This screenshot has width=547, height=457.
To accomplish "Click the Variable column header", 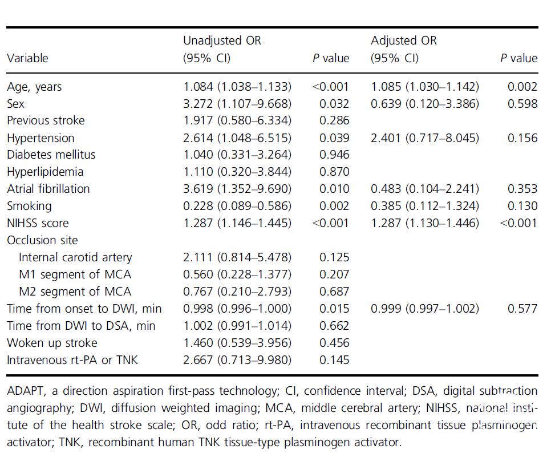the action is [x=27, y=58].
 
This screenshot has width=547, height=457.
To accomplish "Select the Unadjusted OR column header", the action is [x=222, y=49].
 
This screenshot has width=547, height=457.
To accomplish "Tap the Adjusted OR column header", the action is [x=404, y=49].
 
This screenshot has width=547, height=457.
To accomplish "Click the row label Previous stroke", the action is [x=46, y=120].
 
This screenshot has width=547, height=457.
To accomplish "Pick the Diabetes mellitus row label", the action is [x=51, y=155].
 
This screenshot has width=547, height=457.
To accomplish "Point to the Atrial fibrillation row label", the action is [x=48, y=189].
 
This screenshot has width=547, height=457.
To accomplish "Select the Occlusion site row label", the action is [x=42, y=240].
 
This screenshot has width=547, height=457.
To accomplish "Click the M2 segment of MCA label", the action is [x=75, y=292].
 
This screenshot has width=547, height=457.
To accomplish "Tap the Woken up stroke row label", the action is [x=52, y=342].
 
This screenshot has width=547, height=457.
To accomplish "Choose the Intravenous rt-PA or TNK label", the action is [x=72, y=359].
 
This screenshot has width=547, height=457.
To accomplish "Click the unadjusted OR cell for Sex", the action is [x=237, y=104].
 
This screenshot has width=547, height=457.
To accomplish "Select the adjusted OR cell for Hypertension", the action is [x=425, y=138].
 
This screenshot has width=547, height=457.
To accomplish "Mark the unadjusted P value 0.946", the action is [x=334, y=155].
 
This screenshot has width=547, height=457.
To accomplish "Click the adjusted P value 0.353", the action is [x=522, y=189].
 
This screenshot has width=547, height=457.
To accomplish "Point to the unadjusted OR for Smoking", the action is [x=237, y=206].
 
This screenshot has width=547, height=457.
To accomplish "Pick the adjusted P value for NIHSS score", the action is [x=518, y=223].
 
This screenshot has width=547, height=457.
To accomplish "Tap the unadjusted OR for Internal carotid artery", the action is [x=237, y=257].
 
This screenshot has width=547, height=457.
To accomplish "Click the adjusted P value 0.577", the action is [x=522, y=309].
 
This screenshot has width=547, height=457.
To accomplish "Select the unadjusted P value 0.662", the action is [x=334, y=325].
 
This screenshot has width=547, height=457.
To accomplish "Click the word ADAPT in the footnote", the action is [x=26, y=391].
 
